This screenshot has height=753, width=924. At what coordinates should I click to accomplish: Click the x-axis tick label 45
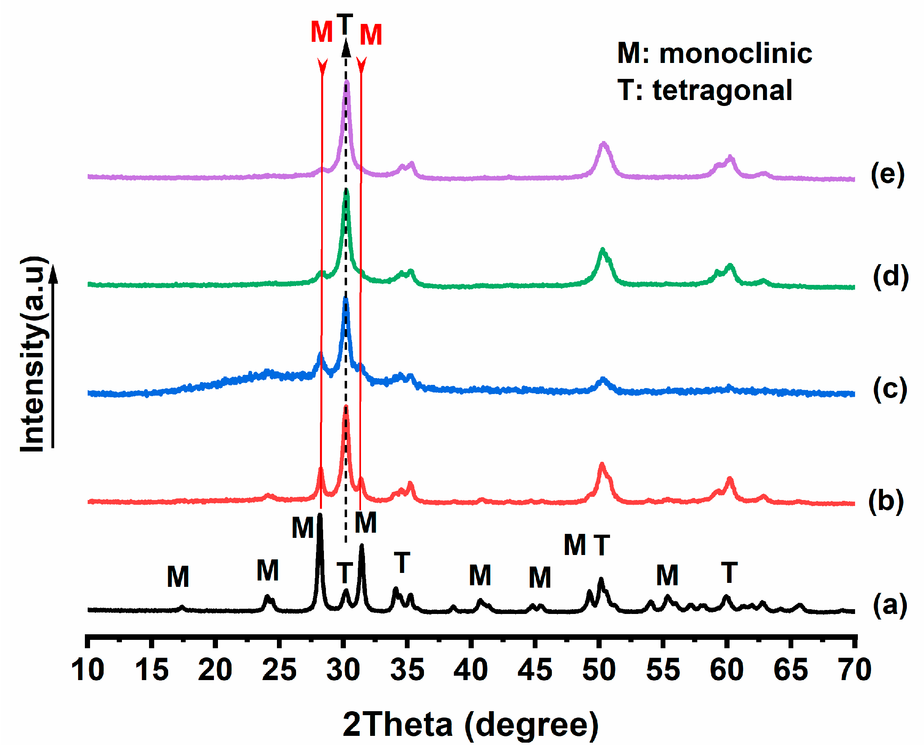click(534, 670)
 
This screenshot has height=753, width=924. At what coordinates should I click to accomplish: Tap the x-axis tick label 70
click(855, 670)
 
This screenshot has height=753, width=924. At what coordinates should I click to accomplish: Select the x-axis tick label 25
click(279, 670)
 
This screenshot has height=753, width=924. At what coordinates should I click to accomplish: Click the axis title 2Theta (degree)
click(470, 724)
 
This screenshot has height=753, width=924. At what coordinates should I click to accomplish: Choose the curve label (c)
click(889, 389)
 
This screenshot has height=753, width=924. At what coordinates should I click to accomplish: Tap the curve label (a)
click(889, 605)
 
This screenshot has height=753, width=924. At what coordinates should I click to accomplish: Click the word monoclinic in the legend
click(735, 54)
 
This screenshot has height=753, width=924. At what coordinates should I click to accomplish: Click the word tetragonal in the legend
click(722, 91)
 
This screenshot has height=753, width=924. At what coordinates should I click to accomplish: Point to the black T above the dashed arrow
click(345, 24)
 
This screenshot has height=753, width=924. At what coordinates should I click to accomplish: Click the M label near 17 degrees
click(178, 577)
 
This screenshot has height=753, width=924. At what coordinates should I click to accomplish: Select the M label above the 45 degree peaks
click(539, 578)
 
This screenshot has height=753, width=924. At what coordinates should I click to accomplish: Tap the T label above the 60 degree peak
click(729, 573)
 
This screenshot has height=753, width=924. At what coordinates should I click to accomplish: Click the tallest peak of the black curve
click(320, 515)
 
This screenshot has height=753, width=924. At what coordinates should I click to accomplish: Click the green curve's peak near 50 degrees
click(602, 250)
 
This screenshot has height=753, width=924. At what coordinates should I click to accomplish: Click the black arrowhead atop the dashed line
click(346, 48)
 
